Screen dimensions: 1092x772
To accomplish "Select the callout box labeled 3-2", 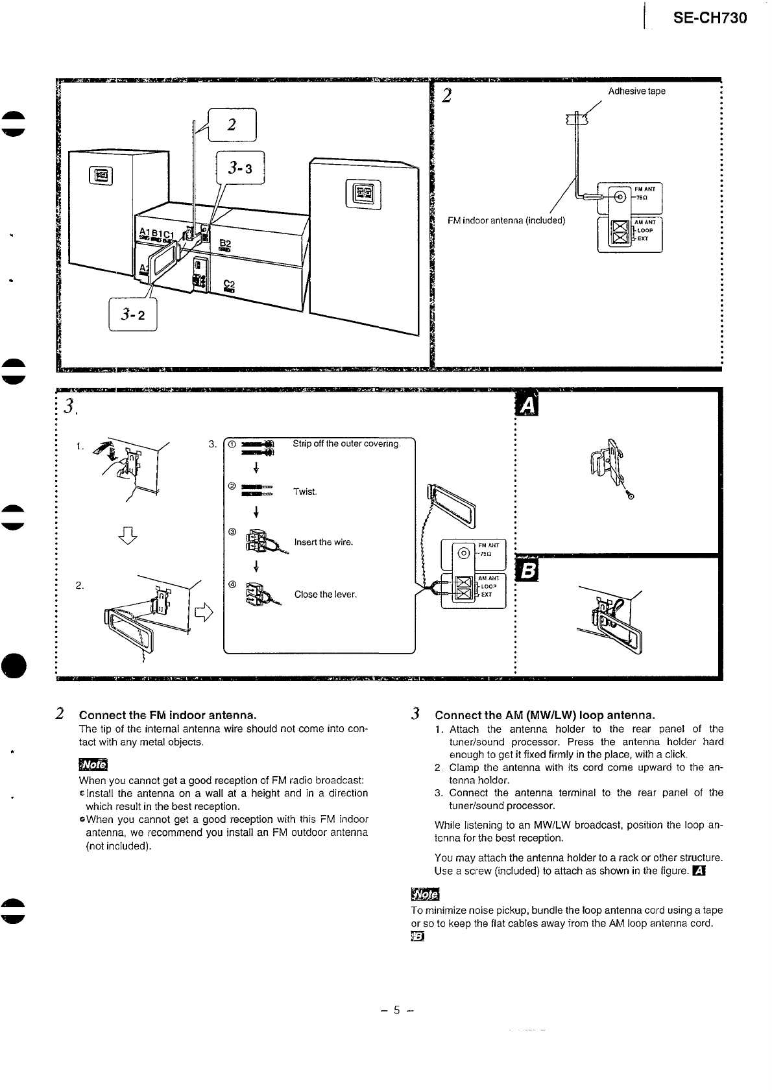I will (133, 315).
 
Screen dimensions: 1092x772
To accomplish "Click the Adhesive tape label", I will (636, 91).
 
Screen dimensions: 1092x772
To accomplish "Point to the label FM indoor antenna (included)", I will (507, 220).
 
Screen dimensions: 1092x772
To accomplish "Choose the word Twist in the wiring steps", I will (305, 492).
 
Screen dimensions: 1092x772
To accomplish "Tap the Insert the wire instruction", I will (324, 542).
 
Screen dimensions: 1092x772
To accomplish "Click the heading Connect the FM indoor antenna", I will (168, 715).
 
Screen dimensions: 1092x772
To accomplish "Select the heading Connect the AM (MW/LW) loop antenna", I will (545, 715).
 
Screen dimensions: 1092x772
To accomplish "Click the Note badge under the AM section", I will (425, 895).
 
